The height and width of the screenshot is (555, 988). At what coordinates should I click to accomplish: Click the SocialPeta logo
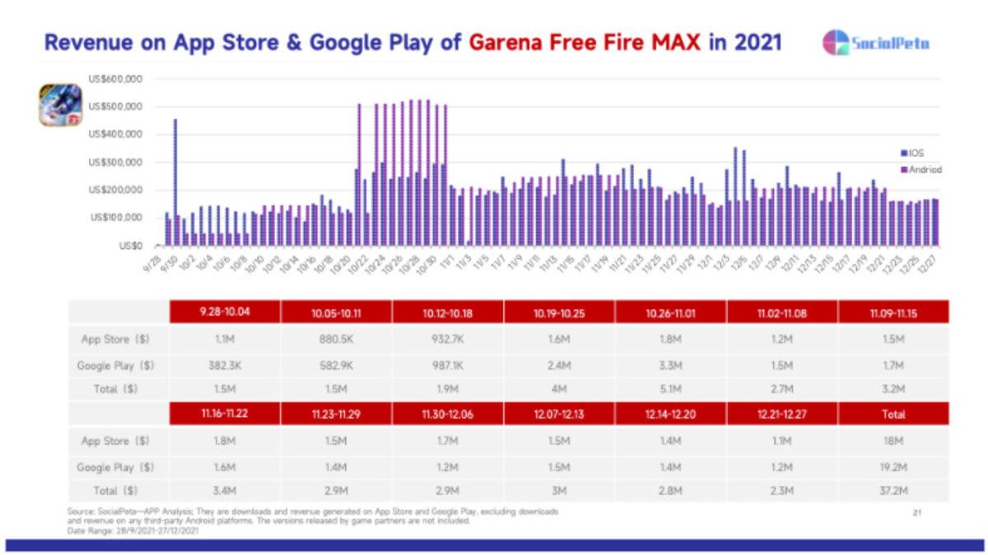tap(876, 43)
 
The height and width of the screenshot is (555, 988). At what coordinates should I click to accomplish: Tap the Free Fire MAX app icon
tap(60, 105)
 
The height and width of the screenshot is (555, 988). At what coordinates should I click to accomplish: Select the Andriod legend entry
tap(923, 169)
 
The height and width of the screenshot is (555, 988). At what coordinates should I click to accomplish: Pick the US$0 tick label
tap(130, 245)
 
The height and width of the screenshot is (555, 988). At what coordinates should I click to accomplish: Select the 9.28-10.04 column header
tap(224, 312)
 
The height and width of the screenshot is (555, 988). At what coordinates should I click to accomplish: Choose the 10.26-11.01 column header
tap(670, 312)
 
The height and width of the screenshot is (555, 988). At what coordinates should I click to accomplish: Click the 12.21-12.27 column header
tap(782, 414)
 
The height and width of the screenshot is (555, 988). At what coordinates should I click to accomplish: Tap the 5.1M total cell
tap(670, 390)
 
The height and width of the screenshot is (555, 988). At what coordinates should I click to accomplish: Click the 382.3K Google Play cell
tap(224, 365)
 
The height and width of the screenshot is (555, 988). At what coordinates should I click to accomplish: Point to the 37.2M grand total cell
tap(893, 491)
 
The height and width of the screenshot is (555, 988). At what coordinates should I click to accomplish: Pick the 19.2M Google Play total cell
tap(893, 467)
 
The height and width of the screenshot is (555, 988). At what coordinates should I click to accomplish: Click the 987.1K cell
tap(447, 365)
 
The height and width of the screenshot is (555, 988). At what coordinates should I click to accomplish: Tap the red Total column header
tap(893, 414)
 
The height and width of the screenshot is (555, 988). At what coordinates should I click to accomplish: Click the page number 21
tap(916, 513)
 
